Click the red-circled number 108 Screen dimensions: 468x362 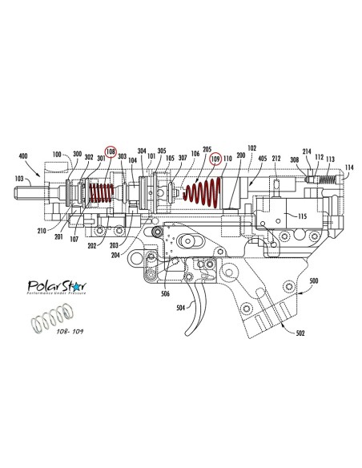tap(111, 151)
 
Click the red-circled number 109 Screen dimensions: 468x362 tap(214, 159)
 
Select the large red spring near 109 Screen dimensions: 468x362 tap(203, 193)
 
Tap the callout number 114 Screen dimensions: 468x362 tap(348, 167)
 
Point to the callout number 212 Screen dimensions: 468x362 tap(276, 160)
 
